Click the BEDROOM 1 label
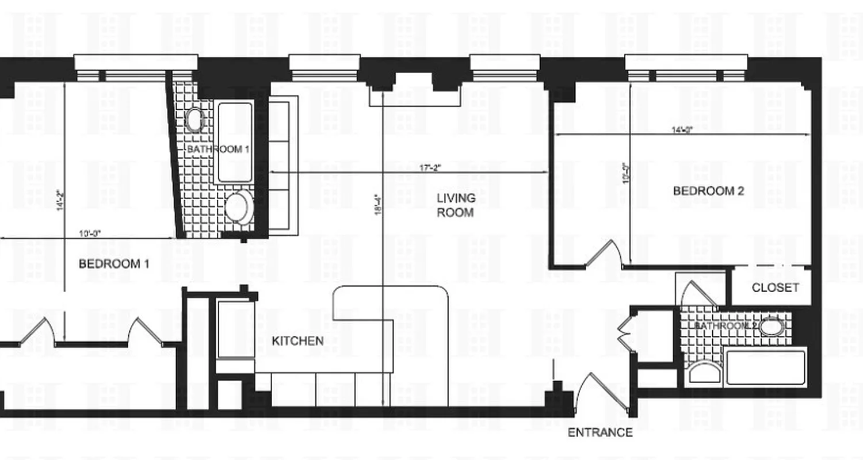(x=114, y=264)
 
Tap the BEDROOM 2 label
(x=708, y=191)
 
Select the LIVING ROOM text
(x=456, y=205)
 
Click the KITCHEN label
(x=297, y=341)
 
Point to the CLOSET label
(x=775, y=287)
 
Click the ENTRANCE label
(x=600, y=432)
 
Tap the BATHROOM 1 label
(x=218, y=149)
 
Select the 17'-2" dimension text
(x=431, y=167)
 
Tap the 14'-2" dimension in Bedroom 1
(x=60, y=201)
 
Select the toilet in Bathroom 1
(x=239, y=207)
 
